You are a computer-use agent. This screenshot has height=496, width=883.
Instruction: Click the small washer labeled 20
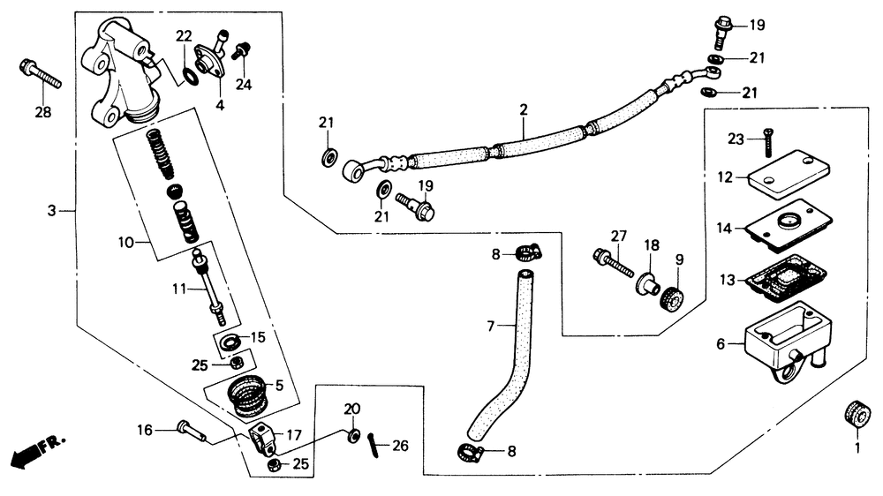click(352, 436)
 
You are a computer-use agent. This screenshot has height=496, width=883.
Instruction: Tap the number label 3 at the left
click(51, 212)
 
